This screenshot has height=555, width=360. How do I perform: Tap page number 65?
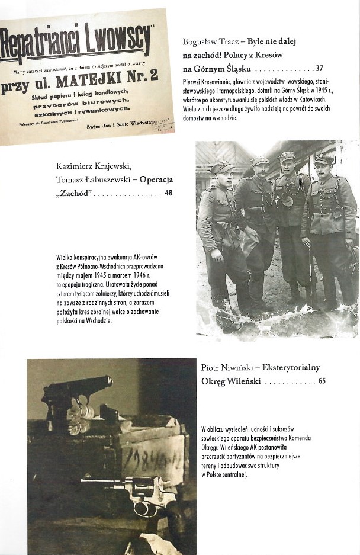pyautogui.click(x=322, y=381)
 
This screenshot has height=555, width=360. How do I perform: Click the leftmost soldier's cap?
pyautogui.click(x=221, y=166)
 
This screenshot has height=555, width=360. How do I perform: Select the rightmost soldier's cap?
pyautogui.click(x=324, y=159)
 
